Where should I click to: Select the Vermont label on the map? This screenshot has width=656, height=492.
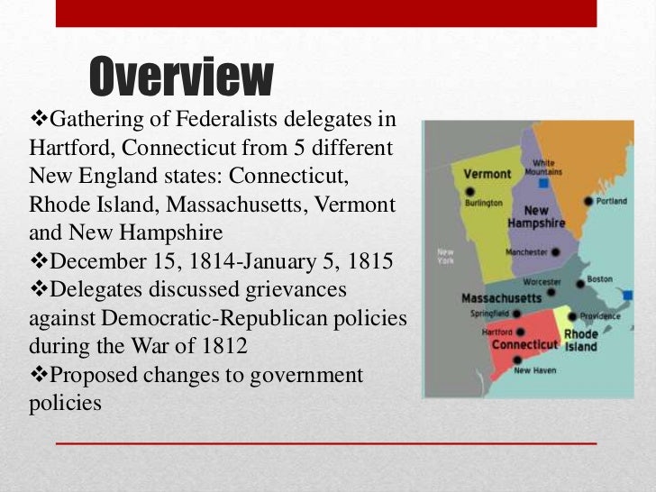tap(487, 173)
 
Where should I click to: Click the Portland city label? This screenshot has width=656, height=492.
tap(612, 201)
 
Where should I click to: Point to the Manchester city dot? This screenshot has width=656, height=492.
tap(556, 252)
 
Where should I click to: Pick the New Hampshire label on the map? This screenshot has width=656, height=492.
tap(536, 216)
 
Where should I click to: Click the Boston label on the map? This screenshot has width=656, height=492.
tap(599, 279)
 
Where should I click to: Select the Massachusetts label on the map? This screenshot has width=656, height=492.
tap(500, 298)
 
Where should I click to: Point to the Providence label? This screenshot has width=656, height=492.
tap(600, 316)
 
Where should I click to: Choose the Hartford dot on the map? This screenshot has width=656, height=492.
tap(519, 333)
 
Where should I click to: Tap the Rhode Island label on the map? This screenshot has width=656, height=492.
tap(580, 341)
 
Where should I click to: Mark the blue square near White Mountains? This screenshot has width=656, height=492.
tap(543, 183)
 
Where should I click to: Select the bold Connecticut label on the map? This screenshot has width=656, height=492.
tap(524, 345)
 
